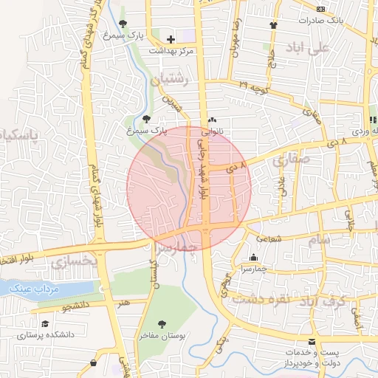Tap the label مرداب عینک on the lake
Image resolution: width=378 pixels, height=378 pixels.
coord(28,289)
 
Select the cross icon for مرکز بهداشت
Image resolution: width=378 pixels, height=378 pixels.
coord(171,39)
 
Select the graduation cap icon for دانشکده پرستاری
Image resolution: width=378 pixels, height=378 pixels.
coord(45,323)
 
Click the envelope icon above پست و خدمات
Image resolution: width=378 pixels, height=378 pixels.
coord(313,341)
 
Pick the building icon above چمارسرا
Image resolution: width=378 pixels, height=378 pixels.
coord(254,258)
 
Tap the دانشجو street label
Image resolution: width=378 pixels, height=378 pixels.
coord(73,303)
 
